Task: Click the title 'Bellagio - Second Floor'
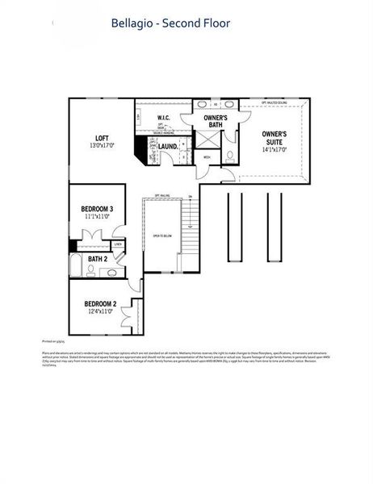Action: [x=170, y=23]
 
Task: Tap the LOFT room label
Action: [x=102, y=138]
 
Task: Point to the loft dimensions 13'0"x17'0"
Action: [x=102, y=146]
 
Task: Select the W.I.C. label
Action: [x=162, y=118]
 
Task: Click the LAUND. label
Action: [x=168, y=146]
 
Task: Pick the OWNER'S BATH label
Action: [x=215, y=122]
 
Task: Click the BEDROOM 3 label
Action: [x=98, y=209]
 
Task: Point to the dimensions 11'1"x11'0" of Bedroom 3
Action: [x=98, y=217]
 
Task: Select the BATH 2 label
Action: [x=98, y=259]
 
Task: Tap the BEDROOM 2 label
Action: [x=101, y=304]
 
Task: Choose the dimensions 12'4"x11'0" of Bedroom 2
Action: [x=101, y=312]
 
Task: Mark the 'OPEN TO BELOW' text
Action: [x=162, y=236]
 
